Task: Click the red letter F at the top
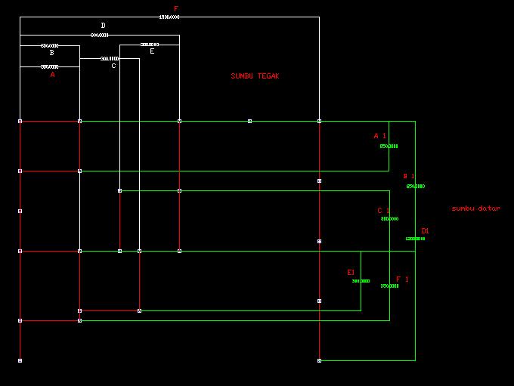pos(175,9)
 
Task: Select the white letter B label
pos(51,54)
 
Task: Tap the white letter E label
pos(152,51)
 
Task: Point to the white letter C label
pos(113,66)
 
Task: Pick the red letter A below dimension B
pos(52,75)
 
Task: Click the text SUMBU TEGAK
pos(255,76)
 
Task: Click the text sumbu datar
pos(475,208)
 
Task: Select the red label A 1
pos(379,136)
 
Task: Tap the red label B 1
pos(408,176)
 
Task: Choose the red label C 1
pos(383,211)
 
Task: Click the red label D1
pos(426,231)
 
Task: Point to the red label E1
pos(351,272)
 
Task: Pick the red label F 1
pos(402,279)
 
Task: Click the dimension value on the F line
pos(169,17)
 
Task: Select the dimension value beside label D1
pos(415,239)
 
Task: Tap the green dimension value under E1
pos(361,281)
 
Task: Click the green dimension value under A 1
pos(389,147)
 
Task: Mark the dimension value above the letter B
pos(50,46)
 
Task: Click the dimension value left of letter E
pos(149,45)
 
